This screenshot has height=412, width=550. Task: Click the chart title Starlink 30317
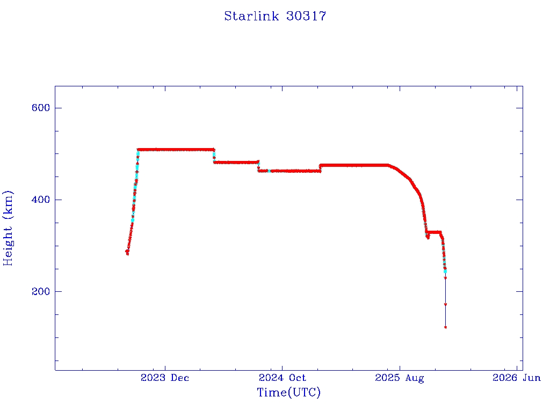pos(275,17)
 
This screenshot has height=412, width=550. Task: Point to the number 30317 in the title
pos(306,17)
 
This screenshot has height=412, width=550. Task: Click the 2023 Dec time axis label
pos(165,378)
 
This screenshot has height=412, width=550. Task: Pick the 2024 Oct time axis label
pos(282,378)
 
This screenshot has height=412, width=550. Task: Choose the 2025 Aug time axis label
pos(399,378)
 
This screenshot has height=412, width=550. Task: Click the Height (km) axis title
pos(9,228)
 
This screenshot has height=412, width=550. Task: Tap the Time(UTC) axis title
pos(289,393)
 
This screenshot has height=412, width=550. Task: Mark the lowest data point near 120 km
pos(445,327)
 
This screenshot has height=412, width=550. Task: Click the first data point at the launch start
pos(127,252)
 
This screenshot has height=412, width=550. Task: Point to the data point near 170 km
pos(445,304)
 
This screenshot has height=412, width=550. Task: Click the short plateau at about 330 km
pos(433,232)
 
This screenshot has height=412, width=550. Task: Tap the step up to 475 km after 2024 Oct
pos(320,168)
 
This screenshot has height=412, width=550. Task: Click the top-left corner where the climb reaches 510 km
pos(139,150)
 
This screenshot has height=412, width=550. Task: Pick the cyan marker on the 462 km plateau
pos(270,171)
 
